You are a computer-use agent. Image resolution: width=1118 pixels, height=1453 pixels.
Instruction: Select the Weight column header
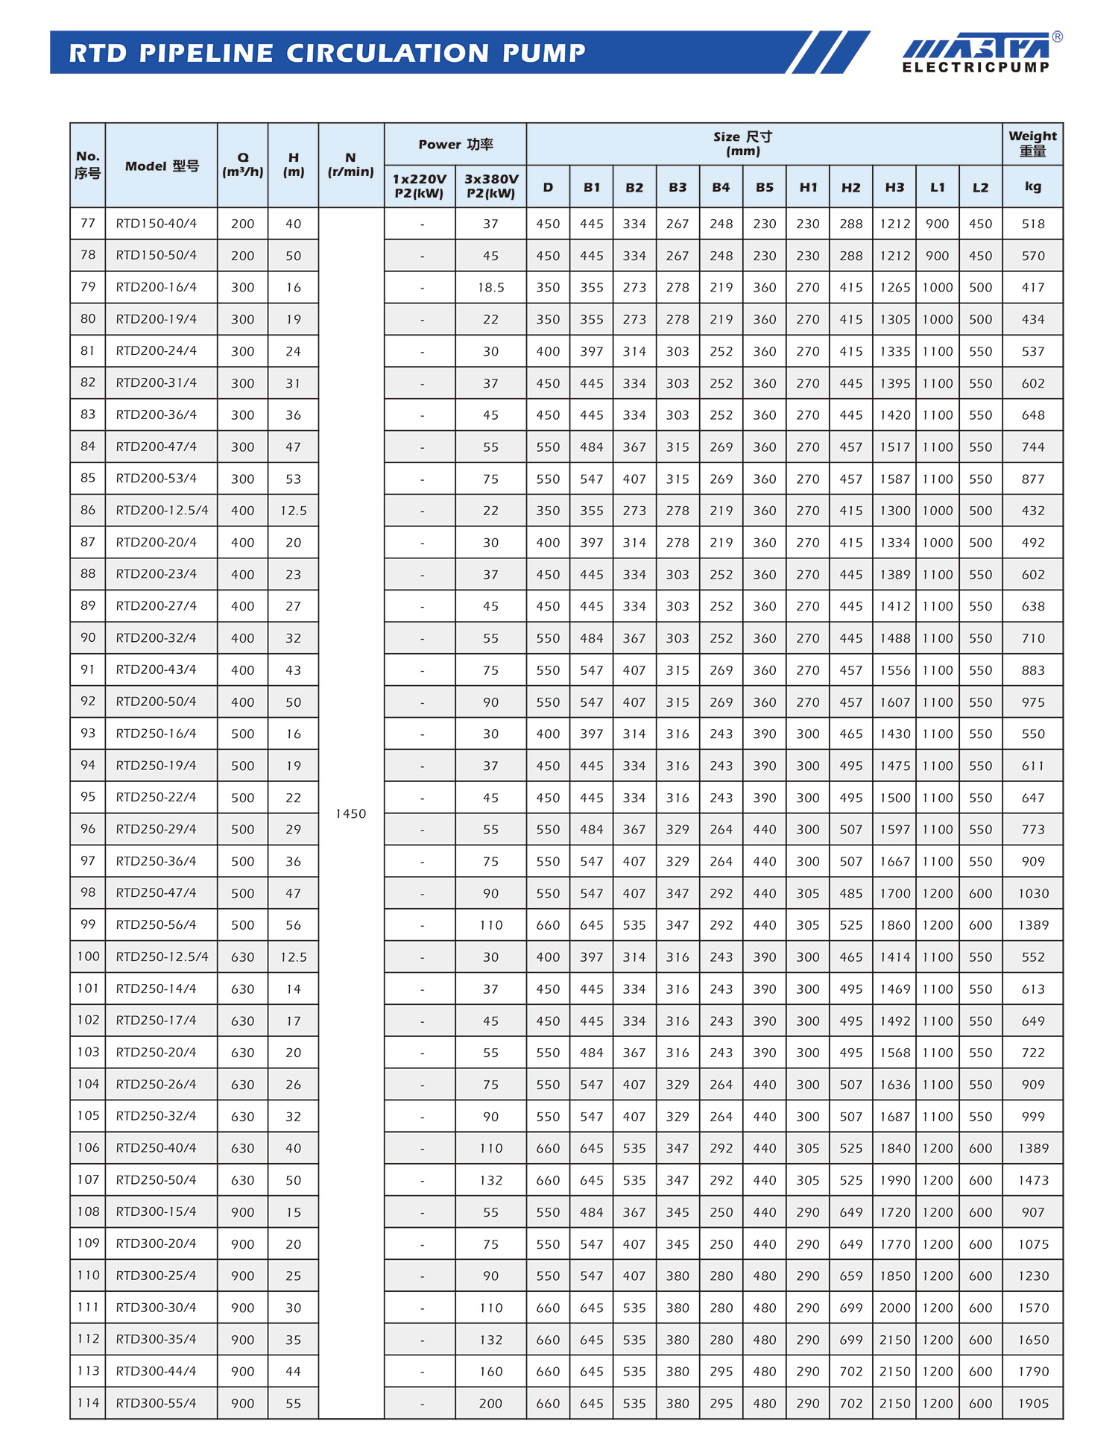tap(1032, 144)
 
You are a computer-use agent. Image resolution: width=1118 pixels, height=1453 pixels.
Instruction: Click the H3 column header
tap(894, 187)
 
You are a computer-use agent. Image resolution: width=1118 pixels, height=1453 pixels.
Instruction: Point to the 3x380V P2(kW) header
tap(490, 186)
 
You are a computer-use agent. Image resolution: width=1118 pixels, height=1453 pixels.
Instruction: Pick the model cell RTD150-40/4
tap(157, 224)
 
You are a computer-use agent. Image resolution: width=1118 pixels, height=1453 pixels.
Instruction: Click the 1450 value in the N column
tap(350, 813)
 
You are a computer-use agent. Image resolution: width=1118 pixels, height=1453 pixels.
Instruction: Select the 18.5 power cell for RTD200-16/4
tap(490, 288)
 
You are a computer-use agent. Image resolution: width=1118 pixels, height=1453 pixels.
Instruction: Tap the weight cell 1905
tap(1033, 1403)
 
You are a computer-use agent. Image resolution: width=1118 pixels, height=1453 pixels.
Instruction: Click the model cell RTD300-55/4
tap(157, 1403)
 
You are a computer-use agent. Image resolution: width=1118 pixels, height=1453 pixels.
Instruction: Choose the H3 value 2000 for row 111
tap(894, 1308)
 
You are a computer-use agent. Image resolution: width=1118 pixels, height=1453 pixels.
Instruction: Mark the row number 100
tap(88, 956)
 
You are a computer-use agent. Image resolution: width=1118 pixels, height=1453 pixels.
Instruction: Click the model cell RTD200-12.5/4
tap(162, 511)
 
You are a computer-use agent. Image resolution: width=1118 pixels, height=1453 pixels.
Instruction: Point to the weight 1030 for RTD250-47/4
tap(1033, 893)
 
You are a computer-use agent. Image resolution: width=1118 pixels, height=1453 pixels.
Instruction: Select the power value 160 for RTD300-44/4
tap(490, 1371)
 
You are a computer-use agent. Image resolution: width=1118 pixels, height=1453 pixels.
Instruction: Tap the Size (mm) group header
tap(742, 144)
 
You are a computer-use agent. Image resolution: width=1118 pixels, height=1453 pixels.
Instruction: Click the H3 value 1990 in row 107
tap(894, 1180)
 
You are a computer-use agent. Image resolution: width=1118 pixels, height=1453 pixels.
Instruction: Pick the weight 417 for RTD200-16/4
tap(1033, 288)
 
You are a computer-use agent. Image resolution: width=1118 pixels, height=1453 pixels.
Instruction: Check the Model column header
tap(162, 166)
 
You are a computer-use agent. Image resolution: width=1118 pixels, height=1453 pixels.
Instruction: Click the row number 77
tap(88, 224)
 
